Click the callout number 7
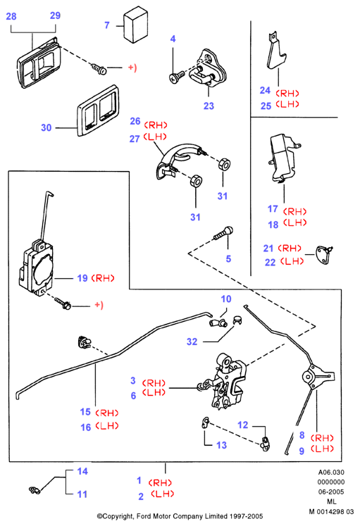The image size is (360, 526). pos(107,25)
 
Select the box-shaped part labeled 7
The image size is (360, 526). pos(135,24)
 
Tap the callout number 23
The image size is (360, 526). pos(209,106)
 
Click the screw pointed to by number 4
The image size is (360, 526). pos(176,77)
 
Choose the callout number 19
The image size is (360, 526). pos(82,278)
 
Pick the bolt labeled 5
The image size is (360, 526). pos(224,233)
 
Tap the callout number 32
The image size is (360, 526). pos(192,342)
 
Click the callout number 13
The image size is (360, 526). pos(221,445)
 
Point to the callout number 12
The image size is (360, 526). pos(242,425)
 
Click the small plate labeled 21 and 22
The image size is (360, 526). pos(324,253)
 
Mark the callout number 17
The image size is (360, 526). pos(273,209)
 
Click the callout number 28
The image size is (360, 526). pos(11,16)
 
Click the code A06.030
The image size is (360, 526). pos(331,472)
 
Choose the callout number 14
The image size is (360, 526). pos(82,471)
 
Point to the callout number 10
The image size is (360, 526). pos(226,299)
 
